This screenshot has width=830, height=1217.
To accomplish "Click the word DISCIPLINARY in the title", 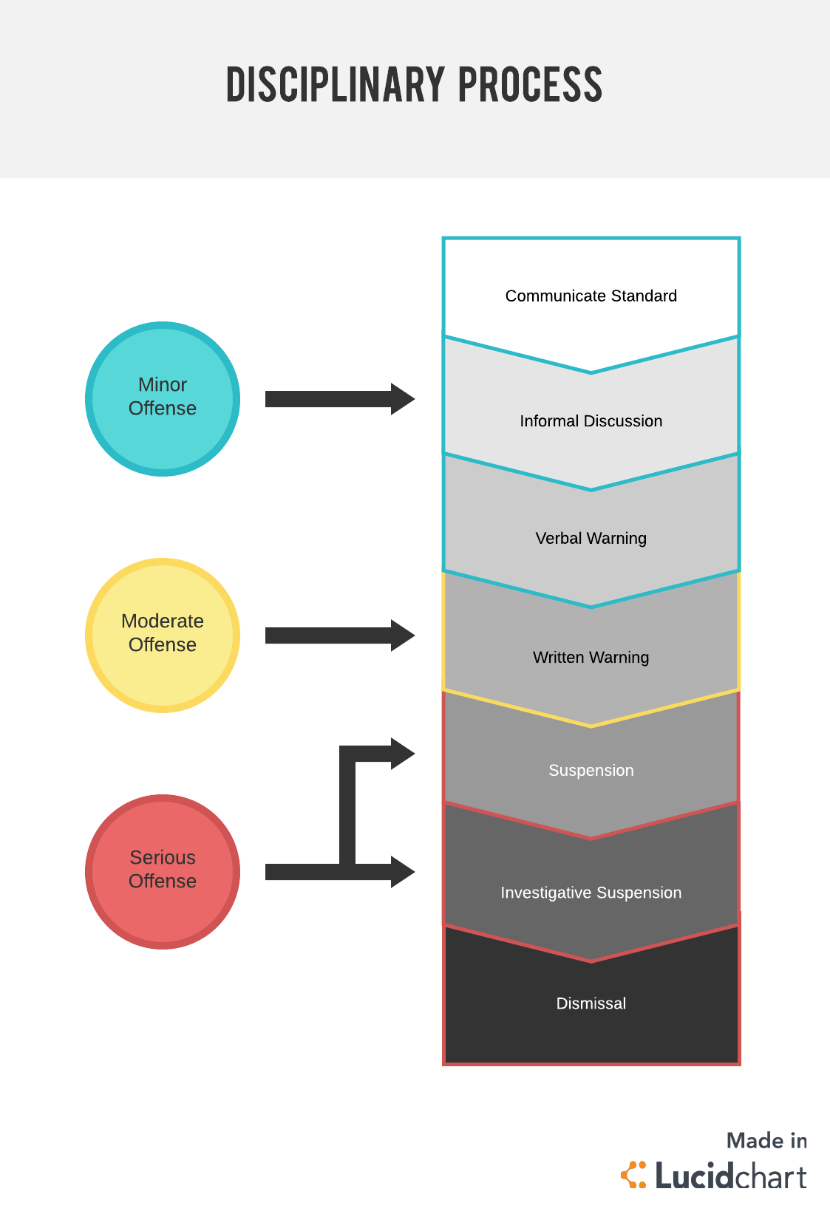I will click(x=336, y=84).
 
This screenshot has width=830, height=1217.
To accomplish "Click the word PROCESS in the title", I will click(x=530, y=84).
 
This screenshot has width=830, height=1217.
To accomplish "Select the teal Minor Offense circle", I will click(x=163, y=398).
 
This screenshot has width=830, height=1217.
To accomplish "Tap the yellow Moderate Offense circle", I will click(x=163, y=635).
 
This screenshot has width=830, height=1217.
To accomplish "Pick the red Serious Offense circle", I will click(x=163, y=871).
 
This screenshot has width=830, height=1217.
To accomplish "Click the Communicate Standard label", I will click(x=591, y=296).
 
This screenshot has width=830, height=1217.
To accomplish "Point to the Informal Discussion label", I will click(x=591, y=421).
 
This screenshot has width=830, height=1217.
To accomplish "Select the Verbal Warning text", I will click(x=591, y=538).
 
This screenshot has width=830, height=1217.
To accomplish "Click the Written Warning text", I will click(x=591, y=657).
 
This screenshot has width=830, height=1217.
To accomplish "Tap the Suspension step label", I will click(x=591, y=770).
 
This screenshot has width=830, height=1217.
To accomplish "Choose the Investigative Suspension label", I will click(x=591, y=893).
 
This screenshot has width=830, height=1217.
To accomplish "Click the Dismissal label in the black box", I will click(x=591, y=1003).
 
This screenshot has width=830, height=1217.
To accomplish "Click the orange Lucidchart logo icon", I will click(x=633, y=1175).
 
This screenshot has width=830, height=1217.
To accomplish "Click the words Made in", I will click(x=766, y=1141).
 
